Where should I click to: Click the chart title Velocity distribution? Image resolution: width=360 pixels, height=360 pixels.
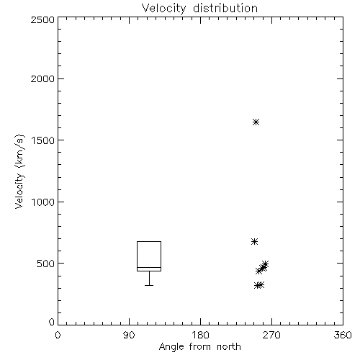point(199,9)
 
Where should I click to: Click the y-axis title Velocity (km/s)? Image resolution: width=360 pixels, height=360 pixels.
point(19,171)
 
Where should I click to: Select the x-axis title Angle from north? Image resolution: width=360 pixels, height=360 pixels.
point(199,347)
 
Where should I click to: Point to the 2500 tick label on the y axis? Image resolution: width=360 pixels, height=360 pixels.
point(42,19)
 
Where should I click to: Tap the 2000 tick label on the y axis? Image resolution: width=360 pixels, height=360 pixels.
point(42,78)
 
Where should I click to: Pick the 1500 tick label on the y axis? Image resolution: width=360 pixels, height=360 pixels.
point(43,140)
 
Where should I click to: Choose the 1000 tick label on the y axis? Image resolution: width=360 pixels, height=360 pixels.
point(43,202)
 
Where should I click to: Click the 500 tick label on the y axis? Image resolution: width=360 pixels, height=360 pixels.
point(46,264)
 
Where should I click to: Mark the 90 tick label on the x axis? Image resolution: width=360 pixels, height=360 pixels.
point(129,335)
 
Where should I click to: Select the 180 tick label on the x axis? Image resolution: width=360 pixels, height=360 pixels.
point(200,335)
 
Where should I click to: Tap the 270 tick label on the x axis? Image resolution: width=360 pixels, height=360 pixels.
point(271,335)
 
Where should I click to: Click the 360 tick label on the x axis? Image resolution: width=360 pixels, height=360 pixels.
point(343,335)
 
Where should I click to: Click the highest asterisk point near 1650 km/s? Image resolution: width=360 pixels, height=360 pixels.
point(256,122)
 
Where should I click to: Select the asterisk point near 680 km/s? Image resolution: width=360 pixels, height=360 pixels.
point(254,241)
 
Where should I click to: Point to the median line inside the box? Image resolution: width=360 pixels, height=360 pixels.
point(149,267)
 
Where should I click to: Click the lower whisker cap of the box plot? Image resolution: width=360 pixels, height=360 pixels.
point(149,285)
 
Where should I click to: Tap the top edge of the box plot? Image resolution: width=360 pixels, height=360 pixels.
point(149,241)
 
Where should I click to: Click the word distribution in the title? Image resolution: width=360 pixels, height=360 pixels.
point(225,9)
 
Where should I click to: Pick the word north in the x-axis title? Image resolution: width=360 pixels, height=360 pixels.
point(229,347)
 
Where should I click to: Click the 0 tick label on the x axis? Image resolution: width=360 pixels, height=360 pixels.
point(58,335)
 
